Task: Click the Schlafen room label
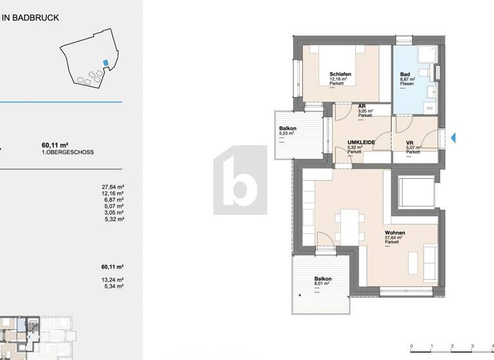click(340, 75)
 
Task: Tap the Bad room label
click(406, 75)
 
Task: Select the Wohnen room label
click(395, 233)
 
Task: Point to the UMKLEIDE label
click(358, 142)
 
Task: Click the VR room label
click(409, 143)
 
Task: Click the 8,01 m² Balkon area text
click(322, 283)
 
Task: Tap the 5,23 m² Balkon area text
click(286, 134)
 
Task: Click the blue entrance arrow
click(453, 137)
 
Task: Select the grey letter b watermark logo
click(241, 180)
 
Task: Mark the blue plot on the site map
click(105, 63)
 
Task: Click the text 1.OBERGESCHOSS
click(68, 152)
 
